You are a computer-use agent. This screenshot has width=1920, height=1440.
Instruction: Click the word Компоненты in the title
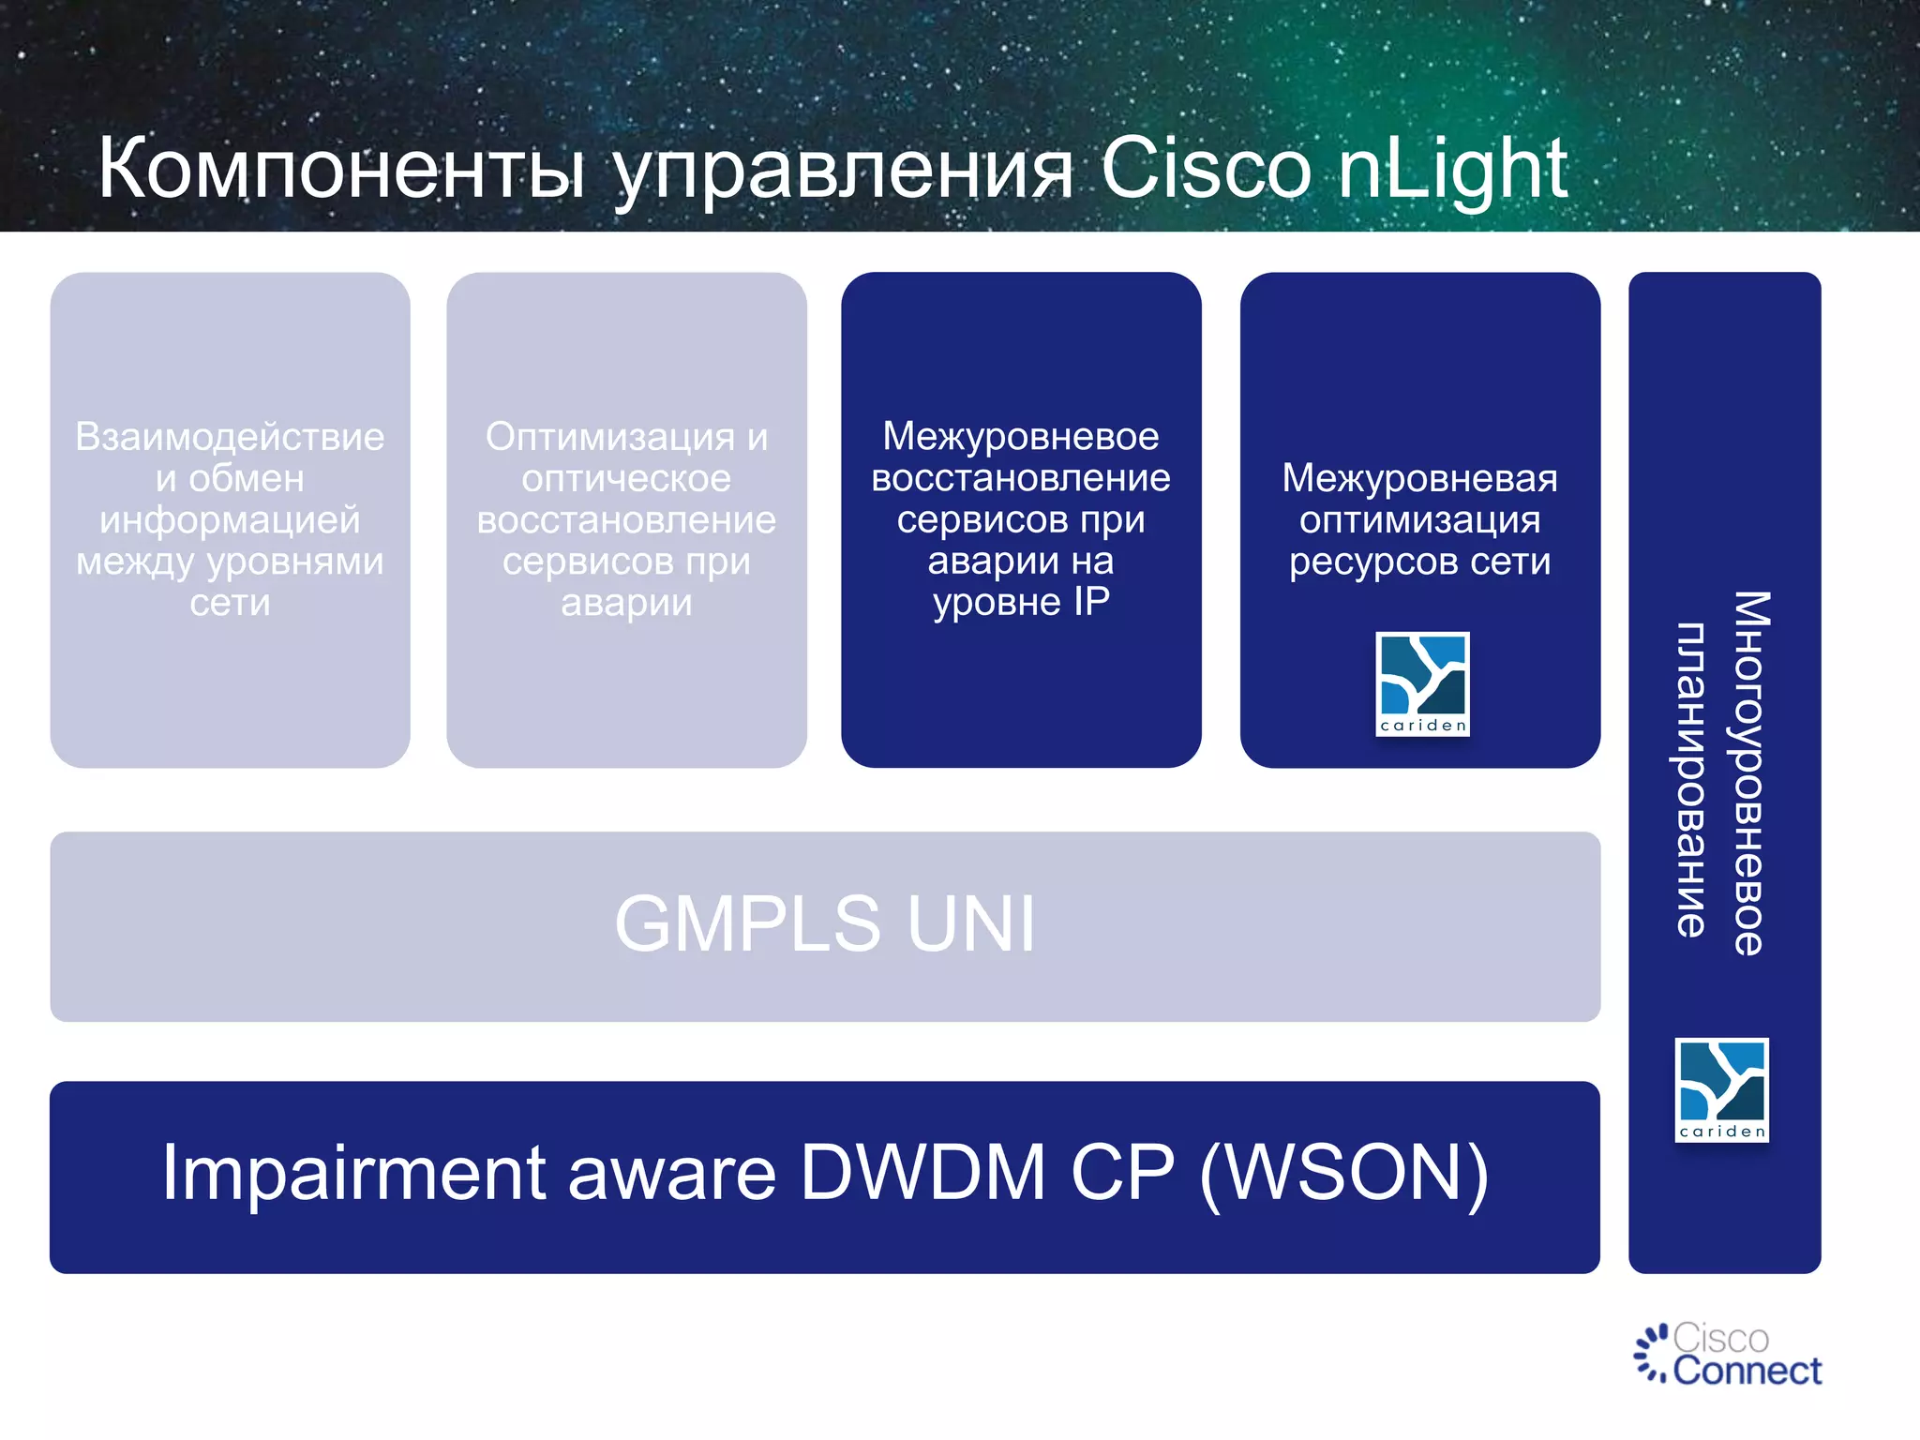coord(342,169)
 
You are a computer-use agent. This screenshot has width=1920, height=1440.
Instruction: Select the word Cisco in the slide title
coord(1205,169)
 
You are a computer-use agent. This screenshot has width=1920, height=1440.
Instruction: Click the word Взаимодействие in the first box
coord(230,437)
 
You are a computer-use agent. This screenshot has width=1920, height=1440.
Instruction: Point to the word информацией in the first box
coord(230,519)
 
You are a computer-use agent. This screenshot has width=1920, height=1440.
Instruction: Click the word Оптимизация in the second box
coord(609,437)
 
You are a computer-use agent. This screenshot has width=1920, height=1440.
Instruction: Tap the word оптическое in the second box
coord(626,478)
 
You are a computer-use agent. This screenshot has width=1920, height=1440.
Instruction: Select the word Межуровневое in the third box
coord(1021,436)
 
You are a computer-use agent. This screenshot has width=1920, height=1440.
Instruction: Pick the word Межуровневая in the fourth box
coord(1419,478)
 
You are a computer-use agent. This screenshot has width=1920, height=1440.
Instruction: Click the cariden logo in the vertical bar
coord(1721,1089)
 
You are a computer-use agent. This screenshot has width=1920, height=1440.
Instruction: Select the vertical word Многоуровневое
coord(1749,772)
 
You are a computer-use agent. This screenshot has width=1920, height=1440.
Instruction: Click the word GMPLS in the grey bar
coord(747,924)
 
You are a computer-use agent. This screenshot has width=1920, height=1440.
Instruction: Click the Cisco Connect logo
coord(1728,1354)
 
